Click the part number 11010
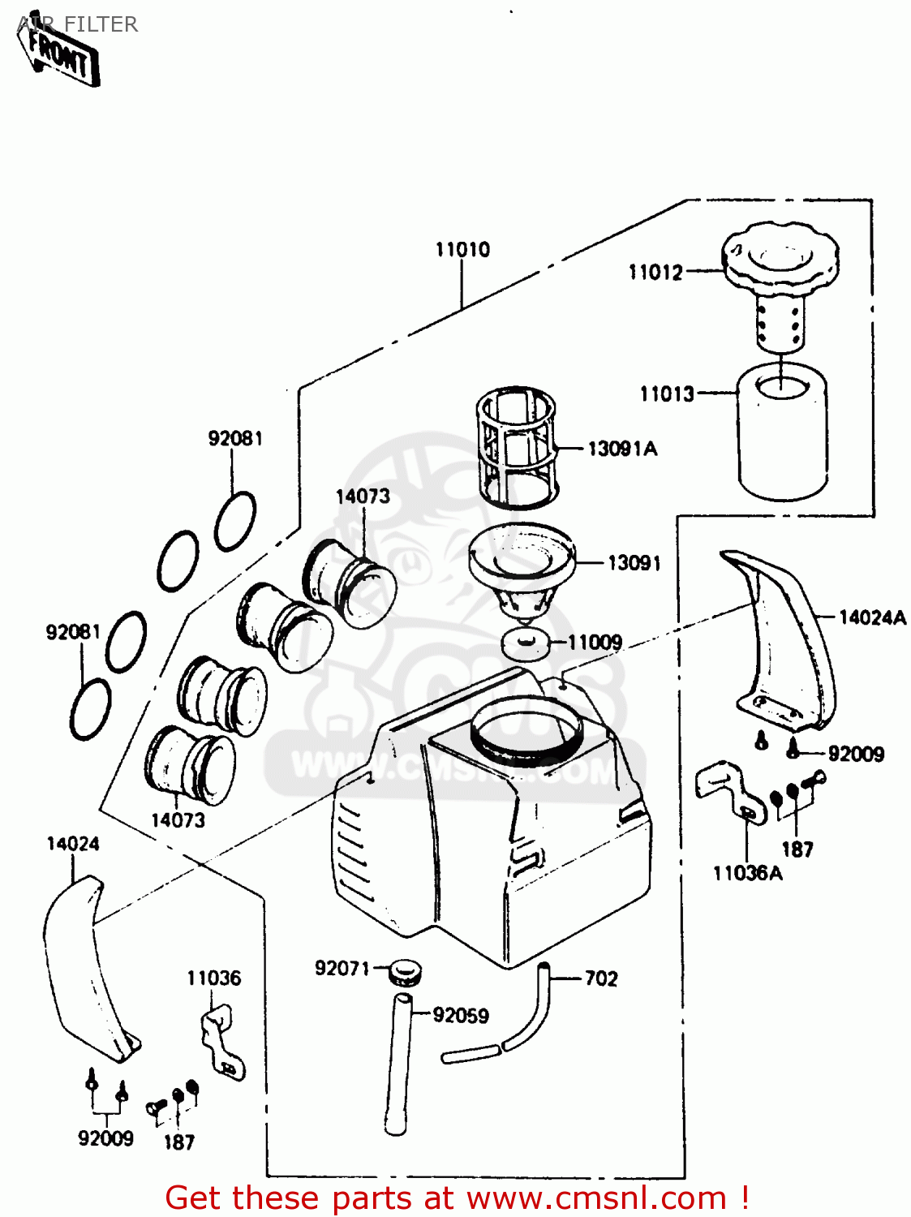tap(462, 249)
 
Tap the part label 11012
tap(655, 272)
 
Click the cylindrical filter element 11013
tap(783, 434)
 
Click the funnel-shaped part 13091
tap(522, 568)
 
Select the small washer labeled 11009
tap(526, 643)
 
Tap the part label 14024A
tap(872, 617)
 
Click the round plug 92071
tap(403, 972)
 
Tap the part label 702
tap(601, 978)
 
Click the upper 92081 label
tap(235, 438)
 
